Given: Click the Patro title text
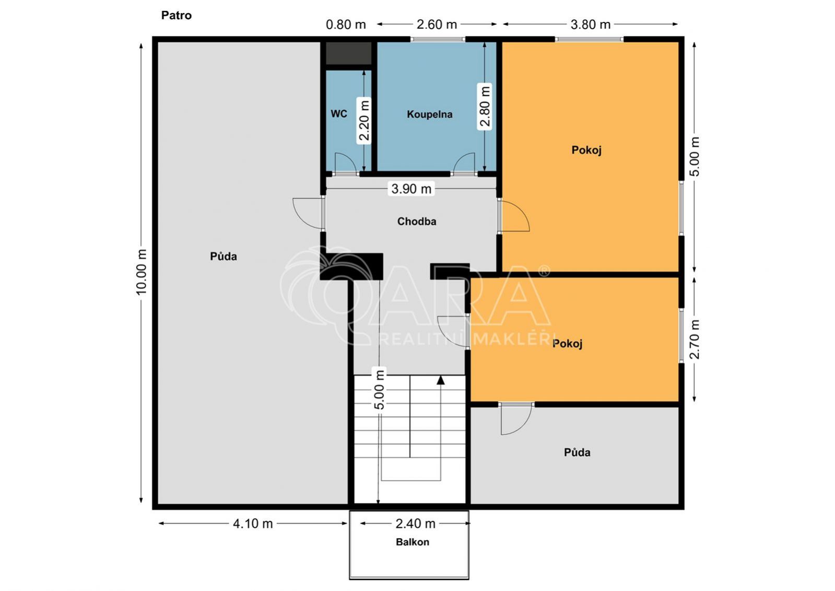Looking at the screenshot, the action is click(177, 15).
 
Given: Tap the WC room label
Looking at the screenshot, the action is click(339, 114).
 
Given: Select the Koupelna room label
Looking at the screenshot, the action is click(429, 114).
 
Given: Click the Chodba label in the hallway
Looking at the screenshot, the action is click(416, 221).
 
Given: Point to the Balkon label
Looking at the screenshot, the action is click(413, 542).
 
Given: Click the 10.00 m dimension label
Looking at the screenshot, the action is click(142, 272).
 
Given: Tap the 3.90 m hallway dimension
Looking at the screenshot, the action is click(411, 189).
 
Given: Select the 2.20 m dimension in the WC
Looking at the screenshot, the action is click(364, 120).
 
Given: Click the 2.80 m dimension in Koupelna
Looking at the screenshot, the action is click(485, 106).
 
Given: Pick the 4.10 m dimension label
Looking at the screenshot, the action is click(253, 524).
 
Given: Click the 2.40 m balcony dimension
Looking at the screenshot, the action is click(415, 524).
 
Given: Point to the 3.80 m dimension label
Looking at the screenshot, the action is click(591, 25).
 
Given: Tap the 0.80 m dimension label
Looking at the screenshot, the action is click(346, 25).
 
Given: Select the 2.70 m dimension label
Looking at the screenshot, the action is click(694, 339).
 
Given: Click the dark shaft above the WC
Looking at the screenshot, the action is click(349, 53).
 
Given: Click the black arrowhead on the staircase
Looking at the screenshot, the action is click(441, 380).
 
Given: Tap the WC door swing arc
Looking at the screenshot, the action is click(349, 158).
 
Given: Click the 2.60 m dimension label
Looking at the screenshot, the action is click(437, 25).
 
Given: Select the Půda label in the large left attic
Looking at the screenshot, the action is click(224, 257).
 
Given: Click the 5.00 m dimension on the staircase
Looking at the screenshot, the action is click(379, 389).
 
